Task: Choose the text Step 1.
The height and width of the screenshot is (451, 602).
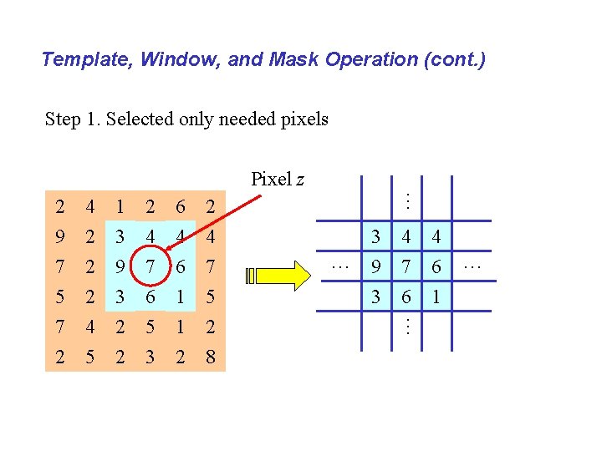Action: pos(74,119)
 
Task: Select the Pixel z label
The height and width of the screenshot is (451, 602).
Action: pos(278,179)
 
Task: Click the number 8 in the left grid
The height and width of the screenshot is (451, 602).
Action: pos(210,357)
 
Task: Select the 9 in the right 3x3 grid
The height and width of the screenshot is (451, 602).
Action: pos(376,267)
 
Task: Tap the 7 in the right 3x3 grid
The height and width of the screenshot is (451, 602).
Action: pos(406,267)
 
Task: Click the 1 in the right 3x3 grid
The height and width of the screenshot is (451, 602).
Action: pos(436,296)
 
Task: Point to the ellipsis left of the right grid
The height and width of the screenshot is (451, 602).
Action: pos(339,266)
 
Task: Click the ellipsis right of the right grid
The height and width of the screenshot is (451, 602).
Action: pos(472,266)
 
